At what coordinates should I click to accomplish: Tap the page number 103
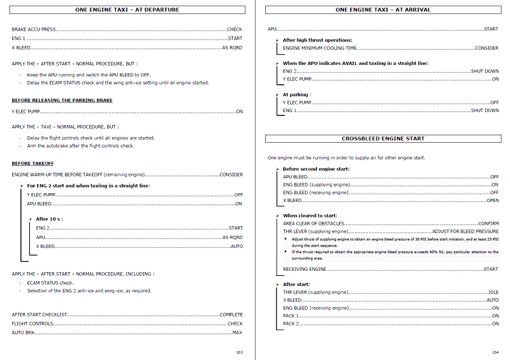239,352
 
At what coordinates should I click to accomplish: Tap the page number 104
495,352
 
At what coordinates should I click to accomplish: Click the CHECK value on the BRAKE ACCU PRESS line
234,29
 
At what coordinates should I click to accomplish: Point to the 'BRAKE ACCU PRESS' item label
34,29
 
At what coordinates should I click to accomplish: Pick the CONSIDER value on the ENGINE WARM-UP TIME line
230,174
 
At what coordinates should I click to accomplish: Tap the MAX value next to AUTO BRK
237,333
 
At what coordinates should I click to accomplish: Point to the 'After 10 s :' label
53,219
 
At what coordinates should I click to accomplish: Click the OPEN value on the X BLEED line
492,200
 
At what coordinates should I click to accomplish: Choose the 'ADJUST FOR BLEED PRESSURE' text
465,233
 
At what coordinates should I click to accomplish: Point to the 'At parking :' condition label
296,94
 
